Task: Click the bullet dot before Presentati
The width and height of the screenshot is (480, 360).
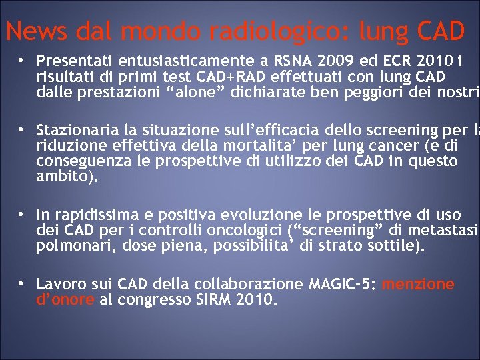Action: tap(22, 59)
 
